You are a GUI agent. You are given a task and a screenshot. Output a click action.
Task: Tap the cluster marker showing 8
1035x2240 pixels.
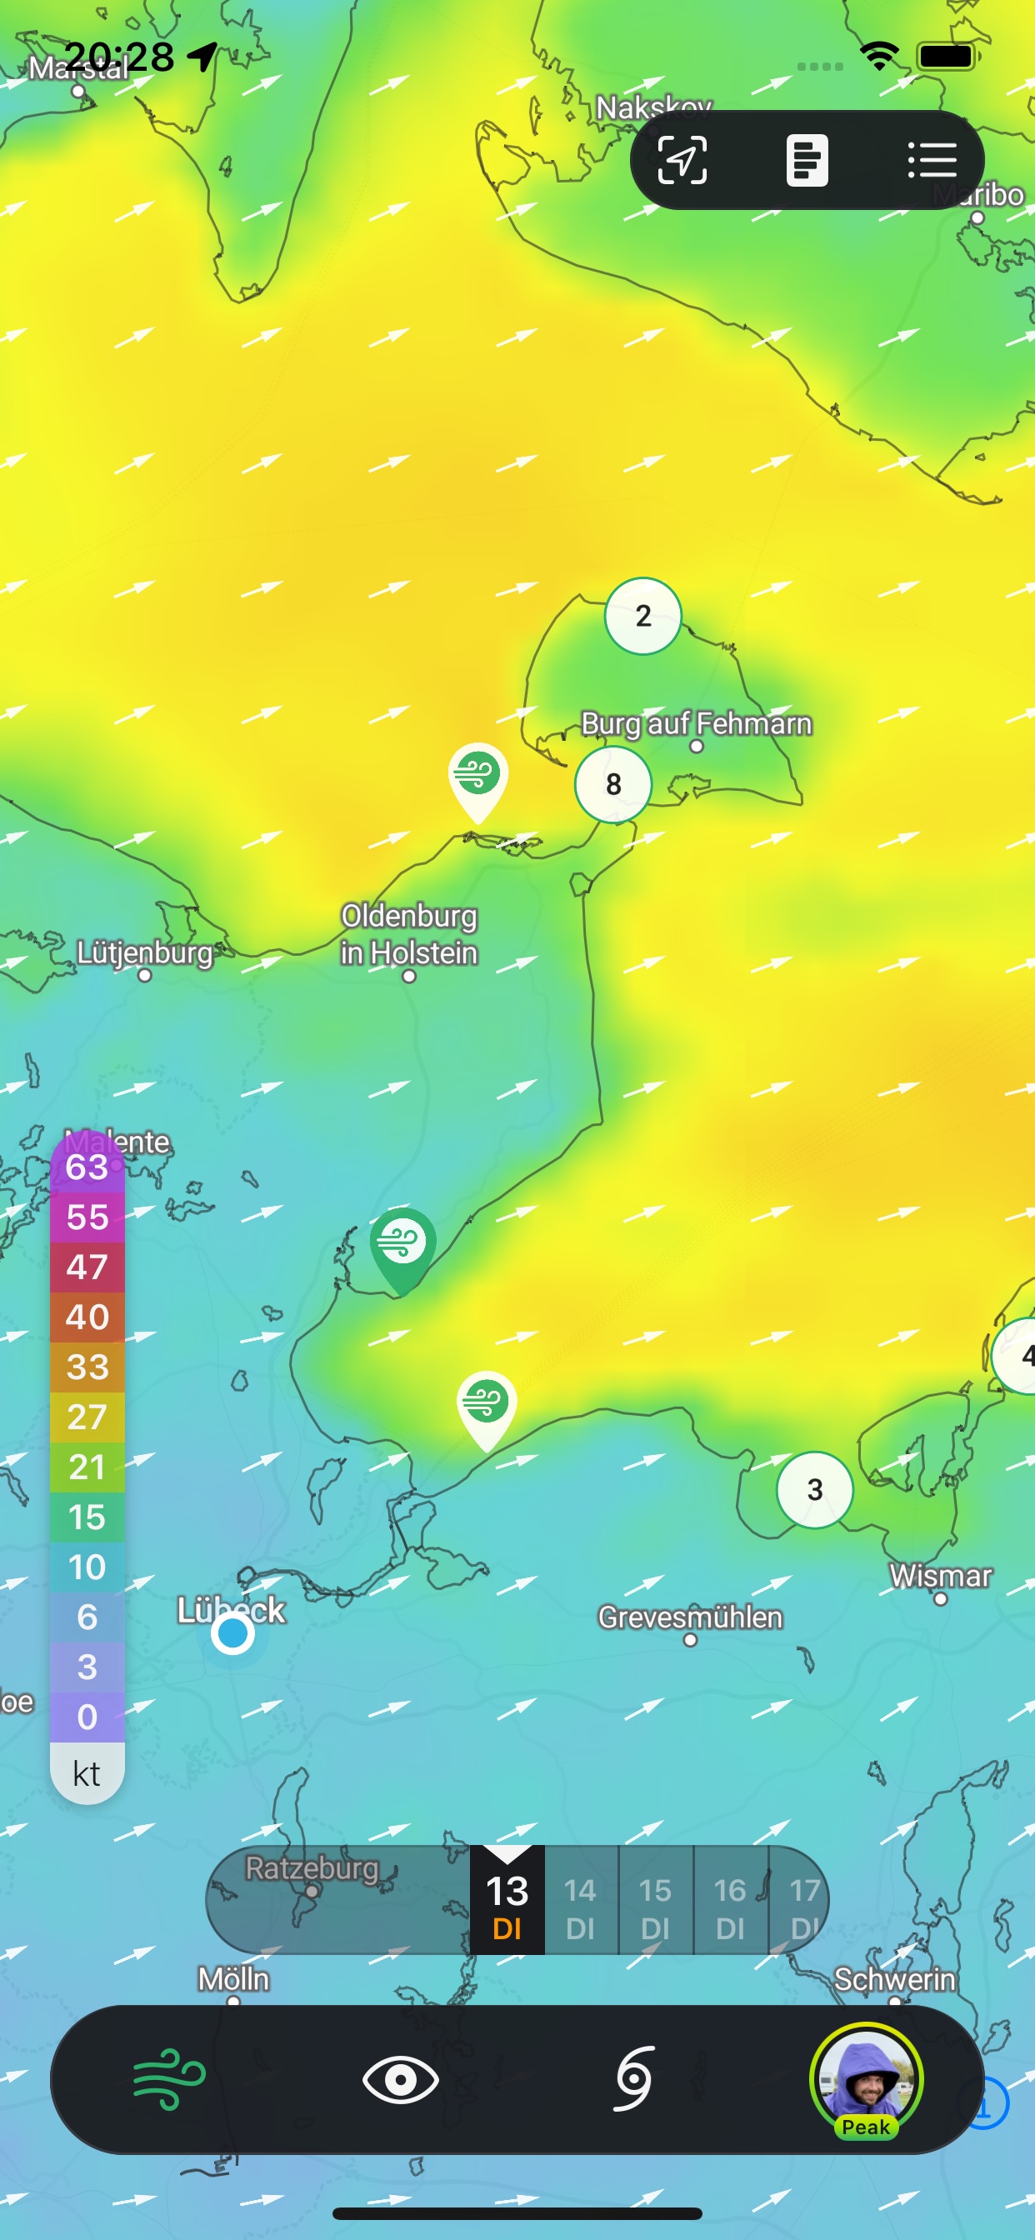pos(613,784)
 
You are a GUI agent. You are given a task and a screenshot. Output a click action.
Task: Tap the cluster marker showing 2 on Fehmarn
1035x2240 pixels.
pos(642,616)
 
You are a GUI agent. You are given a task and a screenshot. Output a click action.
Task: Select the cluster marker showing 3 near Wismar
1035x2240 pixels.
pos(814,1489)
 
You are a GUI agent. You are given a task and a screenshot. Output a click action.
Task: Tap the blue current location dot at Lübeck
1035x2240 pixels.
pos(233,1634)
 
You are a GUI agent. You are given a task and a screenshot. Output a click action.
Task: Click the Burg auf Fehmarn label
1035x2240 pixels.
pos(696,723)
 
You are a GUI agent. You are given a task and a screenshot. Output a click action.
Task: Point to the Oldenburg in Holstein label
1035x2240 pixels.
pos(409,935)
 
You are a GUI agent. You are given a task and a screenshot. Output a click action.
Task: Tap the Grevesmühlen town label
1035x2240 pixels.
pos(690,1617)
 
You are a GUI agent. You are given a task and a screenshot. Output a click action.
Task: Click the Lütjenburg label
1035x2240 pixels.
pos(144,953)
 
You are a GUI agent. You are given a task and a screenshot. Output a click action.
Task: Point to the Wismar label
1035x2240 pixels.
pos(940,1576)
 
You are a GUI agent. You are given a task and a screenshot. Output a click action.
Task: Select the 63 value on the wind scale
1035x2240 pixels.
pos(87,1167)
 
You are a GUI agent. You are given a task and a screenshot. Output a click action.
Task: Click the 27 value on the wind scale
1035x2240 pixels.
pos(87,1417)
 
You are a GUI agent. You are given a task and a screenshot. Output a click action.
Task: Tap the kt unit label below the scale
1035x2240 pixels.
pos(87,1773)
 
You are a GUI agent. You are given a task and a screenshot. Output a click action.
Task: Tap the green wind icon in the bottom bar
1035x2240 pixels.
pos(168,2079)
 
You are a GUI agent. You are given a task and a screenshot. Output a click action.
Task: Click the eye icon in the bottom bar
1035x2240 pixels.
pos(400,2079)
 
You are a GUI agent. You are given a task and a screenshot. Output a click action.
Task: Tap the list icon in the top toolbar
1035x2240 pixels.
pos(932,160)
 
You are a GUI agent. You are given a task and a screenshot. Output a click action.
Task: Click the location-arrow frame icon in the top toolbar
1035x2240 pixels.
pos(682,160)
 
